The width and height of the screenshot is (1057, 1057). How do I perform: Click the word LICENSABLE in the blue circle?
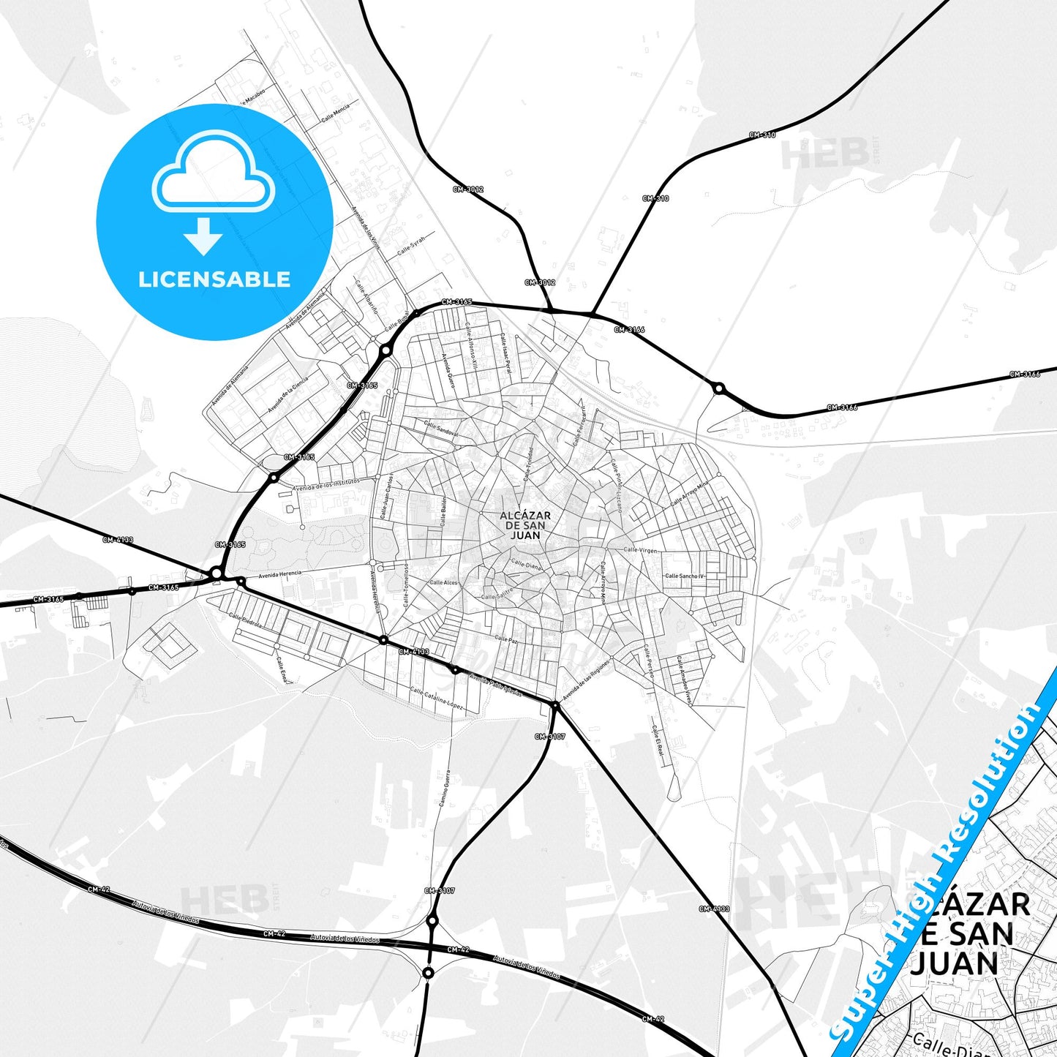point(214,279)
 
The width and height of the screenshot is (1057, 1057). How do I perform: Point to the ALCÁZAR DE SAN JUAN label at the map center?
point(525,525)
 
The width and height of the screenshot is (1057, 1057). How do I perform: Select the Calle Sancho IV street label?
point(685,576)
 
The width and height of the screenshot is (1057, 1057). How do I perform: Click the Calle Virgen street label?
point(640,550)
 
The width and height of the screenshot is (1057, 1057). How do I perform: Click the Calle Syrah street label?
point(411,246)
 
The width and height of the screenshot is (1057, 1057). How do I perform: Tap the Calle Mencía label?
point(336,113)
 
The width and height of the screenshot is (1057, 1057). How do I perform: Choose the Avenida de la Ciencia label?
point(287,396)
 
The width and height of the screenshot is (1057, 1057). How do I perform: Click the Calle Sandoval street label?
point(441,429)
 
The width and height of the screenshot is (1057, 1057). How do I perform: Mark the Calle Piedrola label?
point(245,621)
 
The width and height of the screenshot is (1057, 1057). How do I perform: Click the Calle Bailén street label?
point(443,511)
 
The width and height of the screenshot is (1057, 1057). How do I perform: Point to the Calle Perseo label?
point(649,662)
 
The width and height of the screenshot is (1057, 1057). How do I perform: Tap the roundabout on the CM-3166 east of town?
point(719,388)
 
